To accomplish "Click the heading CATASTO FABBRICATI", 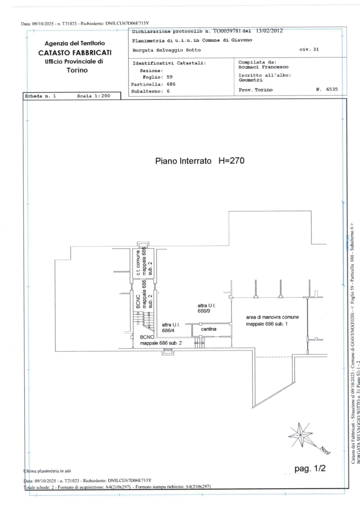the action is point(75,52).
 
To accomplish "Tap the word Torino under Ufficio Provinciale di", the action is point(77,70).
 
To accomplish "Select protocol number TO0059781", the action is point(227,31).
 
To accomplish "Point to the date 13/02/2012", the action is point(269,31).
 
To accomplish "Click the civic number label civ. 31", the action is point(309,49).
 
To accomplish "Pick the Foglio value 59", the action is point(170,77).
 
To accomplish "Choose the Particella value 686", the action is point(171,84).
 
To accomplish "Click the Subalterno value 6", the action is point(168,91).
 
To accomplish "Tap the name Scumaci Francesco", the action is point(263,67).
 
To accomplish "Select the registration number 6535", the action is point(332,89).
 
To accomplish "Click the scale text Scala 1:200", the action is point(94,96).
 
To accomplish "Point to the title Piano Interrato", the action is point(183,160).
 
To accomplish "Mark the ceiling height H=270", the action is point(231,160).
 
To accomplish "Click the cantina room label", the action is point(209,329).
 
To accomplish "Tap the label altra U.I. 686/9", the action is point(207,308).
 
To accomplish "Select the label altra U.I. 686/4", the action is point(171,328).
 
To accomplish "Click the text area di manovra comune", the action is point(272,317).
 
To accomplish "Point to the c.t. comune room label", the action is point(138,263).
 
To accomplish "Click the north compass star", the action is point(300,434).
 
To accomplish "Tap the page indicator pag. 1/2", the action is point(310,468).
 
